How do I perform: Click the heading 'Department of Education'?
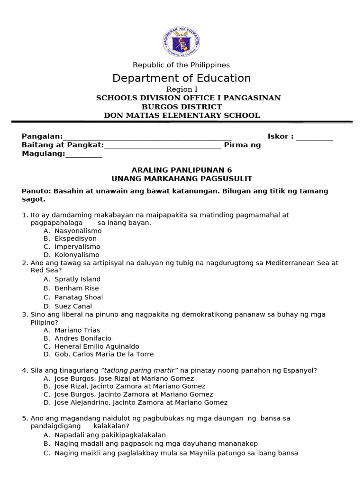tap(182, 78)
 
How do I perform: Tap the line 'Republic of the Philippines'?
tap(181, 65)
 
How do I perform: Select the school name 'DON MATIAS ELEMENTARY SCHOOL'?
tap(182, 115)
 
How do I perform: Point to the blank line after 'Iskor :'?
tap(314, 138)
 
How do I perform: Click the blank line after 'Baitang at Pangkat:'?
tap(163, 146)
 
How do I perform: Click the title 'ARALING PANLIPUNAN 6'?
tap(182, 170)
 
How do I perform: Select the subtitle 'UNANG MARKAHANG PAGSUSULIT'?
tap(182, 178)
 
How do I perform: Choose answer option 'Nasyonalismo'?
tap(78, 231)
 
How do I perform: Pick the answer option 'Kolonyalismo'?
tap(77, 255)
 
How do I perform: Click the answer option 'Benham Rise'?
tap(77, 288)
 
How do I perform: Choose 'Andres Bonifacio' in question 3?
tap(83, 338)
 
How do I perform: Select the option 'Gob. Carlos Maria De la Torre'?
tap(104, 354)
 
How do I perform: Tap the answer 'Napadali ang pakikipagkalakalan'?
tap(110, 435)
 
